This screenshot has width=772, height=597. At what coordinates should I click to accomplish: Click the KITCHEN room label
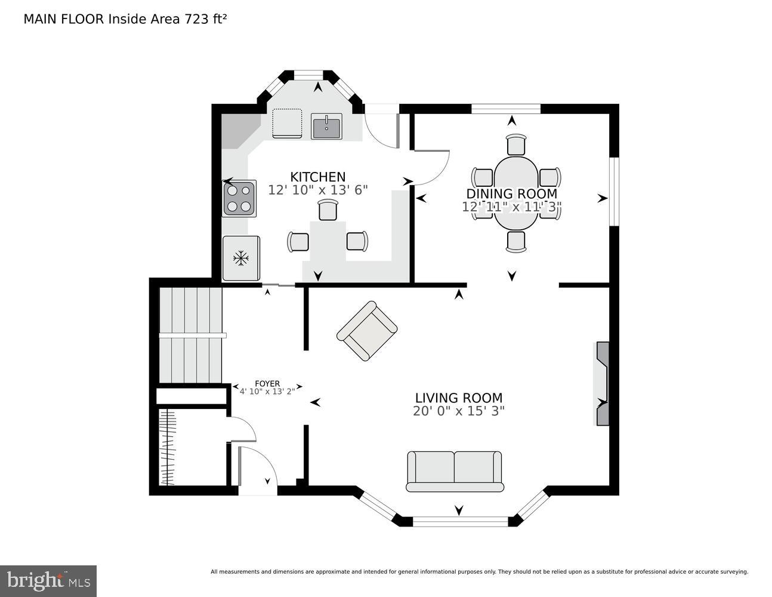pyautogui.click(x=317, y=177)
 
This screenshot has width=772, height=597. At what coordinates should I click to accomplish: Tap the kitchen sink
pyautogui.click(x=326, y=127)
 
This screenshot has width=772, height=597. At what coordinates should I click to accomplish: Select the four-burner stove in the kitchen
pyautogui.click(x=240, y=198)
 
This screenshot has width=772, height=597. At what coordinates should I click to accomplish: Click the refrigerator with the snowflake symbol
pyautogui.click(x=241, y=259)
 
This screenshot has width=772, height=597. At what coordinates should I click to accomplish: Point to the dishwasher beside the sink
pyautogui.click(x=287, y=124)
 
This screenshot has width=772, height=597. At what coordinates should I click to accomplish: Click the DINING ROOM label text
pyautogui.click(x=511, y=193)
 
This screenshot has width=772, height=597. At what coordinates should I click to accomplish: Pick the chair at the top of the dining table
pyautogui.click(x=516, y=145)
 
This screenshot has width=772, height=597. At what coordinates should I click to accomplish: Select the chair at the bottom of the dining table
pyautogui.click(x=516, y=241)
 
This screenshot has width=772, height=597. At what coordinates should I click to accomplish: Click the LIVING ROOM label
pyautogui.click(x=458, y=398)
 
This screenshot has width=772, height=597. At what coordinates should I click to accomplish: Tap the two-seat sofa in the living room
pyautogui.click(x=455, y=470)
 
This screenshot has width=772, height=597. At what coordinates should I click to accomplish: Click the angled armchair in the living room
pyautogui.click(x=367, y=331)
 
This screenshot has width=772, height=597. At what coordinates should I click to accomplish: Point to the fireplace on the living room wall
pyautogui.click(x=603, y=383)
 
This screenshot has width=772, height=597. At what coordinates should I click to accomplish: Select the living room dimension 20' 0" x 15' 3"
pyautogui.click(x=458, y=411)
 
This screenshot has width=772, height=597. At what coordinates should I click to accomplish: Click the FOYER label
pyautogui.click(x=267, y=384)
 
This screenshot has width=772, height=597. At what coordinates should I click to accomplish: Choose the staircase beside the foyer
pyautogui.click(x=190, y=335)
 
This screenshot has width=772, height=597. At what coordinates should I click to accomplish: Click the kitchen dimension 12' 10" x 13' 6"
pyautogui.click(x=317, y=190)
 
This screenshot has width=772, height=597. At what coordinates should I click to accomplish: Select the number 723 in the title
pyautogui.click(x=193, y=19)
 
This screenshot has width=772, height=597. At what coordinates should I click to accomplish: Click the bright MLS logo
pyautogui.click(x=48, y=580)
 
